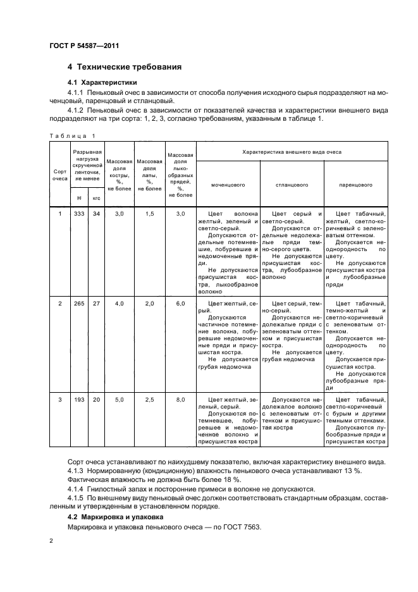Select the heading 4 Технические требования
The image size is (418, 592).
(x=125, y=66)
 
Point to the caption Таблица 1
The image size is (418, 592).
(x=70, y=135)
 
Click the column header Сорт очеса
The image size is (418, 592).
(x=59, y=175)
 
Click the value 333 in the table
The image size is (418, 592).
(x=79, y=214)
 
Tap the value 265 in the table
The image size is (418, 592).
(x=79, y=304)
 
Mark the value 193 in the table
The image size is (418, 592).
(x=79, y=400)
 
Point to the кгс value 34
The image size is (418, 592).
(x=96, y=214)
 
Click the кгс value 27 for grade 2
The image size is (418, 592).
(x=96, y=304)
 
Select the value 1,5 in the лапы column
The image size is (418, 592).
(x=150, y=214)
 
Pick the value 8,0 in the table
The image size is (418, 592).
(x=180, y=400)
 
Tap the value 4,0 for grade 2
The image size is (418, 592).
(x=119, y=304)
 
